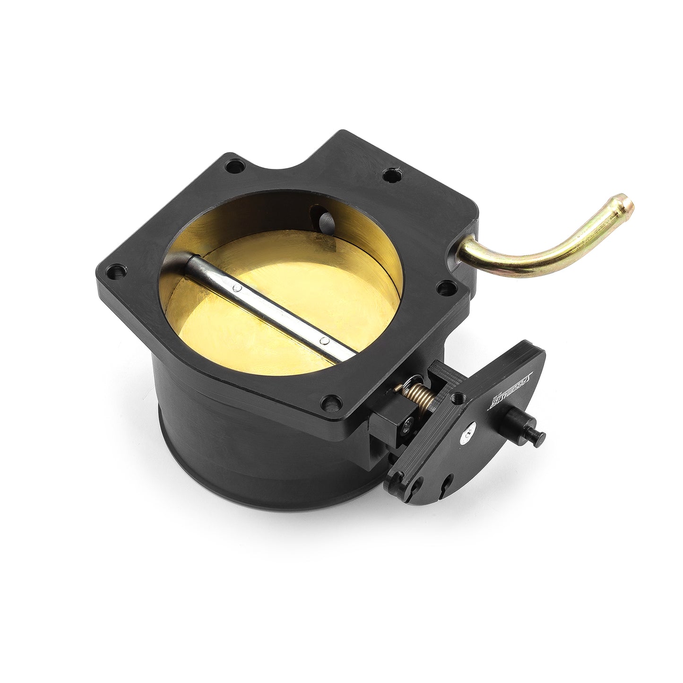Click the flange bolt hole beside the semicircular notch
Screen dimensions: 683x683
click(389, 175)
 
